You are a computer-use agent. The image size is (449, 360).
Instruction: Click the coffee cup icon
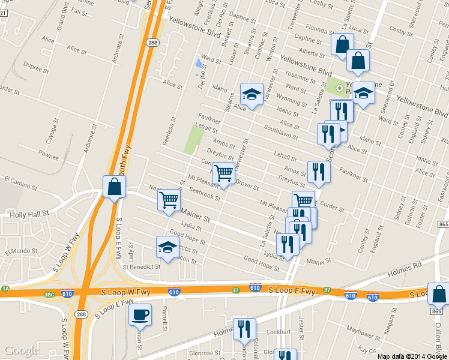pyautogui.click(x=140, y=314)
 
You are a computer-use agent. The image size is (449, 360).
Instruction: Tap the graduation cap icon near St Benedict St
pyautogui.click(x=168, y=247)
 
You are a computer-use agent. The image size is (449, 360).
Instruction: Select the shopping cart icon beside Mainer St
pyautogui.click(x=169, y=200)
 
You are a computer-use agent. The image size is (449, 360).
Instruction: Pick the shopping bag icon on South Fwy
pyautogui.click(x=114, y=187)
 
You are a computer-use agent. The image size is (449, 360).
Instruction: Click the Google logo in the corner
pyautogui.click(x=21, y=350)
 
